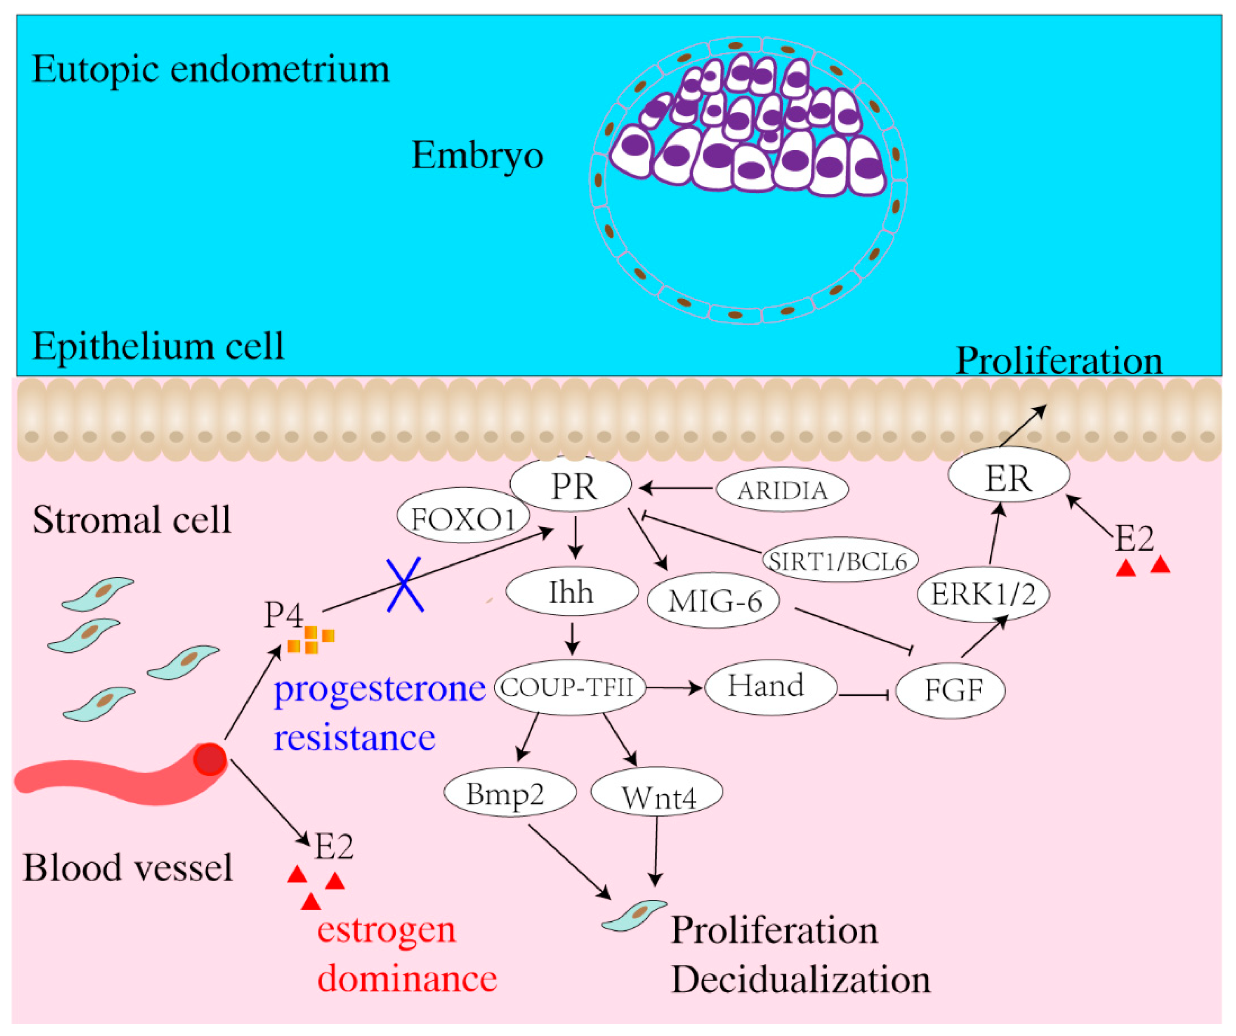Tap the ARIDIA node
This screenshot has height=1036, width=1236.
point(782,490)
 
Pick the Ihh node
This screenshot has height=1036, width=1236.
point(571,592)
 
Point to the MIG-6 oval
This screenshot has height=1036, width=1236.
point(713,601)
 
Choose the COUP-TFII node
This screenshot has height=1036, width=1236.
point(569,687)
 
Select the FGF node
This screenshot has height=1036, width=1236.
point(950,690)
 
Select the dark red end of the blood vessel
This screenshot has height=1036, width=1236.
point(210,759)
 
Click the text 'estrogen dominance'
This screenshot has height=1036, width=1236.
point(406,953)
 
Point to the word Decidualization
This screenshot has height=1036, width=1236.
point(800,980)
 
